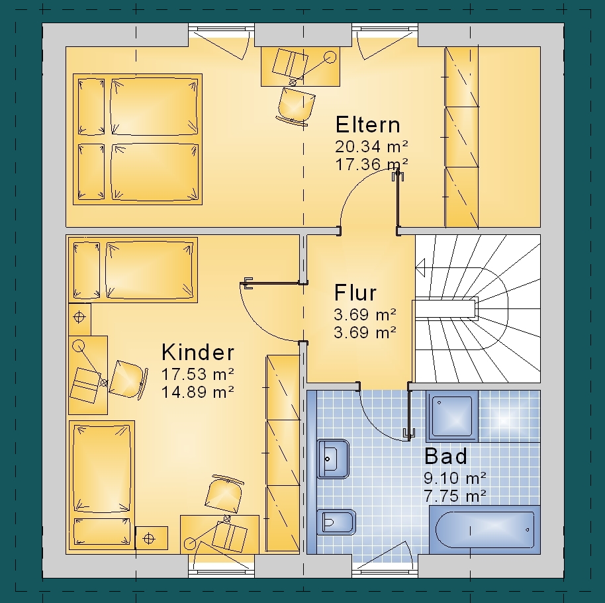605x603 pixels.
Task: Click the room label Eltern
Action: [368, 124]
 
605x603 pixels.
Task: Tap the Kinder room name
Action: [198, 352]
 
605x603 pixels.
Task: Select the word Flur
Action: [355, 293]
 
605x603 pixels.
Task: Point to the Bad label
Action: [445, 456]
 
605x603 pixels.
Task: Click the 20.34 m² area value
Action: [371, 146]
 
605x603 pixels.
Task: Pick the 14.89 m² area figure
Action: [197, 392]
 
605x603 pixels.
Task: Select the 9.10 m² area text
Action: [455, 478]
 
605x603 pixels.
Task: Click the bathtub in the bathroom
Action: [485, 530]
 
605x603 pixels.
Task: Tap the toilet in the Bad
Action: [336, 522]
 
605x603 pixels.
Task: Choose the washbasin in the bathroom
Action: [333, 459]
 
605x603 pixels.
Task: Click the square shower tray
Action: [452, 416]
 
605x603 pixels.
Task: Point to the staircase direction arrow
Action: [420, 267]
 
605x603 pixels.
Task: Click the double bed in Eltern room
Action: [138, 139]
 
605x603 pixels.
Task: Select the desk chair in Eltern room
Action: [295, 106]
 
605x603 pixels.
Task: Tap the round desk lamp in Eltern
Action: [330, 57]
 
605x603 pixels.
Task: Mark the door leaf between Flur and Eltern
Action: [398, 201]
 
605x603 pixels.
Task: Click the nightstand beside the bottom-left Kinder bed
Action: [152, 538]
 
